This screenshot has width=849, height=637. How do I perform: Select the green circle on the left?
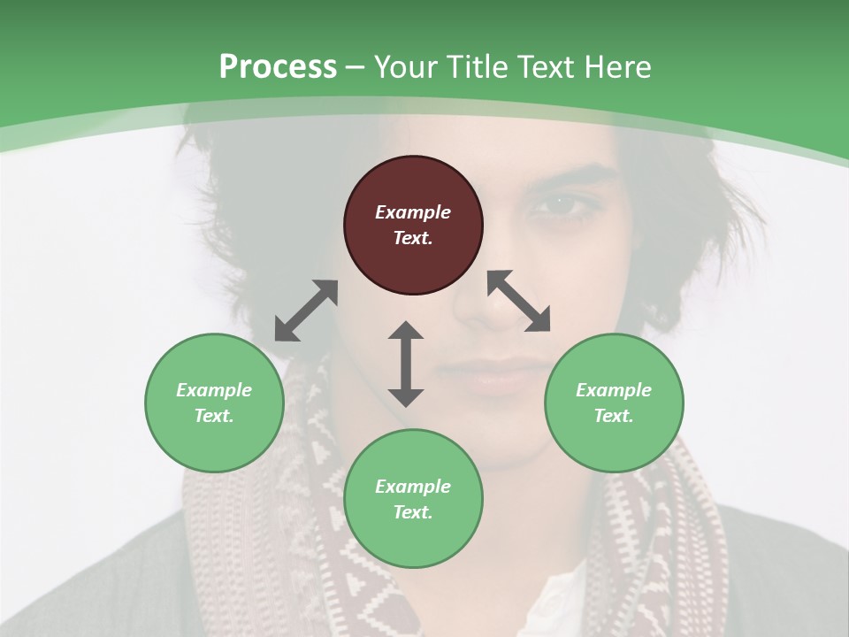pyautogui.click(x=214, y=403)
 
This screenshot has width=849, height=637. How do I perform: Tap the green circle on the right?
pyautogui.click(x=614, y=403)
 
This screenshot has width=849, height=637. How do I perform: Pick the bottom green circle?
pyautogui.click(x=413, y=499)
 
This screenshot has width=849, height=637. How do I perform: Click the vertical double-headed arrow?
pyautogui.click(x=406, y=364)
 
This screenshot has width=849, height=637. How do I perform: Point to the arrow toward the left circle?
pyautogui.click(x=306, y=311)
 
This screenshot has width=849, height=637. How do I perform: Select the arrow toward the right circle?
pyautogui.click(x=519, y=301)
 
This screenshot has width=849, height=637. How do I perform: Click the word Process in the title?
pyautogui.click(x=278, y=66)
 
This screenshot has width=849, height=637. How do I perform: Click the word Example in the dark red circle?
pyautogui.click(x=413, y=212)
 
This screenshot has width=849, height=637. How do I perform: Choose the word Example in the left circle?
pyautogui.click(x=214, y=390)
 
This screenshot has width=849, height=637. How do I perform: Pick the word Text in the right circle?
pyautogui.click(x=614, y=416)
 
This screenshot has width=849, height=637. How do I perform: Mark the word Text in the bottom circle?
pyautogui.click(x=413, y=512)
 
